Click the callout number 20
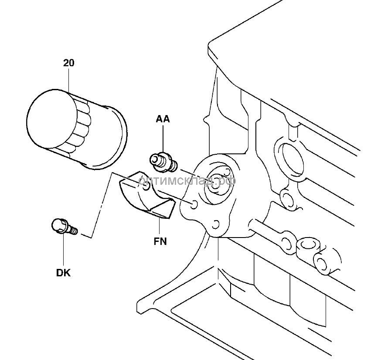click(69, 63)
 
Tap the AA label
click(163, 119)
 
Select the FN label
click(160, 241)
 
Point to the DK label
click(64, 273)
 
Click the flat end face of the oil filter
click(52, 119)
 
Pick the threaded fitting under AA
click(163, 163)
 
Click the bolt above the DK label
click(65, 227)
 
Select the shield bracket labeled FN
click(147, 194)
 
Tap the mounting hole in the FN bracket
click(146, 186)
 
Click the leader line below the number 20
click(69, 81)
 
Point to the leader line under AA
click(163, 139)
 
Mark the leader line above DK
click(64, 250)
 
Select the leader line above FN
click(160, 226)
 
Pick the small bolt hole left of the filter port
click(194, 205)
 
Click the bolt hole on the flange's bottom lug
click(215, 224)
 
